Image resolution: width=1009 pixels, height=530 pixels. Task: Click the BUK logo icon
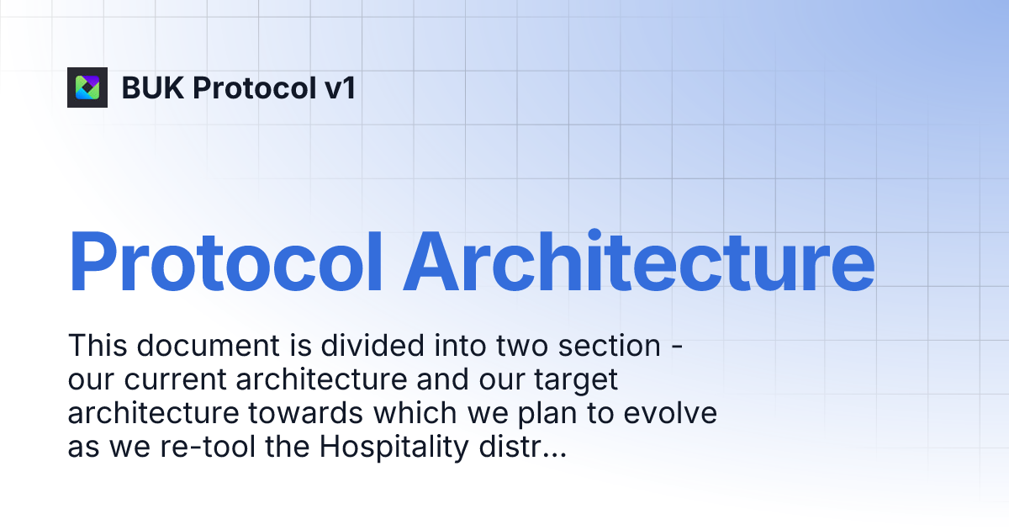[87, 87]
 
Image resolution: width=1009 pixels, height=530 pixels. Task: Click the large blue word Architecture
[639, 261]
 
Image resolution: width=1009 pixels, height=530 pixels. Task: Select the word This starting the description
[96, 346]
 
